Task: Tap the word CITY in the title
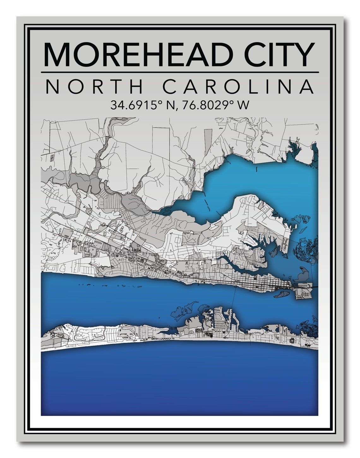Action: click(x=279, y=54)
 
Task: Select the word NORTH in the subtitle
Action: click(x=95, y=86)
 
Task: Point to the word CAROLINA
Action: click(x=238, y=86)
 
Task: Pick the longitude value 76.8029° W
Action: click(x=215, y=105)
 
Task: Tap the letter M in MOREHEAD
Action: click(x=58, y=54)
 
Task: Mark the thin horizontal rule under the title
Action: click(x=180, y=72)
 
